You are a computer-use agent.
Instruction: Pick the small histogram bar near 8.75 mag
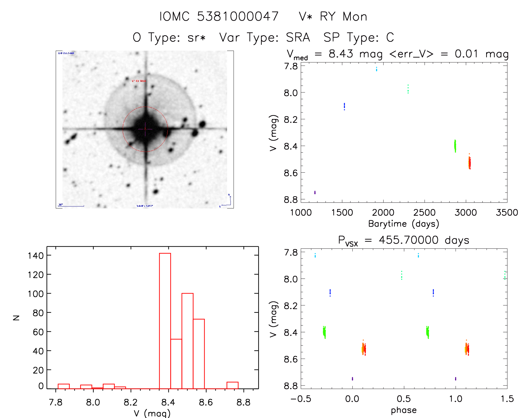coord(232,385)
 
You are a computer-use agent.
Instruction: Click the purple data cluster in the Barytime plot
coord(315,192)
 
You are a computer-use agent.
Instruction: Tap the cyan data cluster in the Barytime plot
coord(376,69)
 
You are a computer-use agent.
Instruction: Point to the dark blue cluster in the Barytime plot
coord(344,106)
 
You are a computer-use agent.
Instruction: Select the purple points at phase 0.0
coord(352,379)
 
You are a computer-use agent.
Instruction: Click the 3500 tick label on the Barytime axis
coord(507,213)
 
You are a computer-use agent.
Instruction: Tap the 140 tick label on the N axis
coord(36,255)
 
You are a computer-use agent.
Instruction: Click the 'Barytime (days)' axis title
coord(403,224)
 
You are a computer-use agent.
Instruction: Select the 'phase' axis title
coord(404,410)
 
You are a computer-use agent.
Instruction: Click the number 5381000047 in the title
coord(238,17)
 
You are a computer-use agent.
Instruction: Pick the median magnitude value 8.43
coord(341,54)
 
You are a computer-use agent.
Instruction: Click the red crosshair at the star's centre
coord(145,129)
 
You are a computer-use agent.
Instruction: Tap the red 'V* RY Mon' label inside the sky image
coord(139,81)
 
